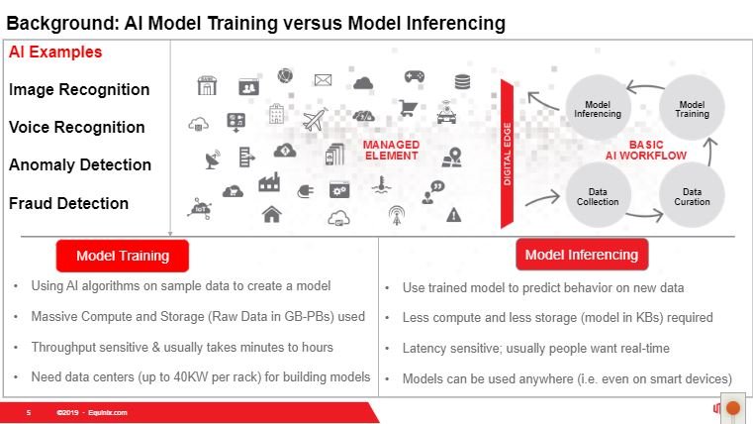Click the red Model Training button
tap(123, 256)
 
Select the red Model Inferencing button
tap(582, 255)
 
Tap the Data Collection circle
tap(598, 196)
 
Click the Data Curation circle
tap(692, 196)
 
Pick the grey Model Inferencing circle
tap(598, 108)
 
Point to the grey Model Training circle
tap(692, 108)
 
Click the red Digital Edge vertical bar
tap(508, 154)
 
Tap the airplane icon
tap(315, 119)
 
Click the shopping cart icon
tap(408, 108)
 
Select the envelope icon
tap(323, 80)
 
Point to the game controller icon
tap(414, 76)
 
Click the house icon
tap(272, 214)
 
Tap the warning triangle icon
tap(453, 214)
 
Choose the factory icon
tap(269, 182)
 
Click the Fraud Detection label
tap(68, 203)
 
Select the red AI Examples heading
tap(55, 52)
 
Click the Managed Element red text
tap(392, 150)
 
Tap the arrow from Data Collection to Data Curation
tap(644, 216)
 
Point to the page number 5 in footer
tap(29, 412)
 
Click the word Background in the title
tap(62, 23)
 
